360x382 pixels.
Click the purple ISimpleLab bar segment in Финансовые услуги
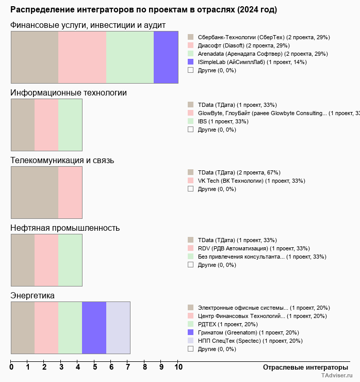tap(166, 57)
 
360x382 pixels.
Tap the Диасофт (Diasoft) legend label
tap(240, 45)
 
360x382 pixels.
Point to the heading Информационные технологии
tap(69, 93)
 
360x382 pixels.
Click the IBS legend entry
tap(223, 121)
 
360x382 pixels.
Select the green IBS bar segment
tap(70, 125)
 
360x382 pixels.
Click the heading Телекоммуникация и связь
tap(62, 161)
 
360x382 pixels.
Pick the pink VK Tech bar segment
tap(70, 193)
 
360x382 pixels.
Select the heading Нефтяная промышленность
tap(65, 228)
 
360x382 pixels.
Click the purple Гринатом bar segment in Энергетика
tap(94, 328)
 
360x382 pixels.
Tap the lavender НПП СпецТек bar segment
tap(118, 328)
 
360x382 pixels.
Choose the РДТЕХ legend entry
tap(227, 324)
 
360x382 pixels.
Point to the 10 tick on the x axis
tap(178, 367)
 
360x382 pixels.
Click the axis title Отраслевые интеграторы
tap(302, 367)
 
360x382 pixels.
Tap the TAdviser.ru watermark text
tap(337, 376)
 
